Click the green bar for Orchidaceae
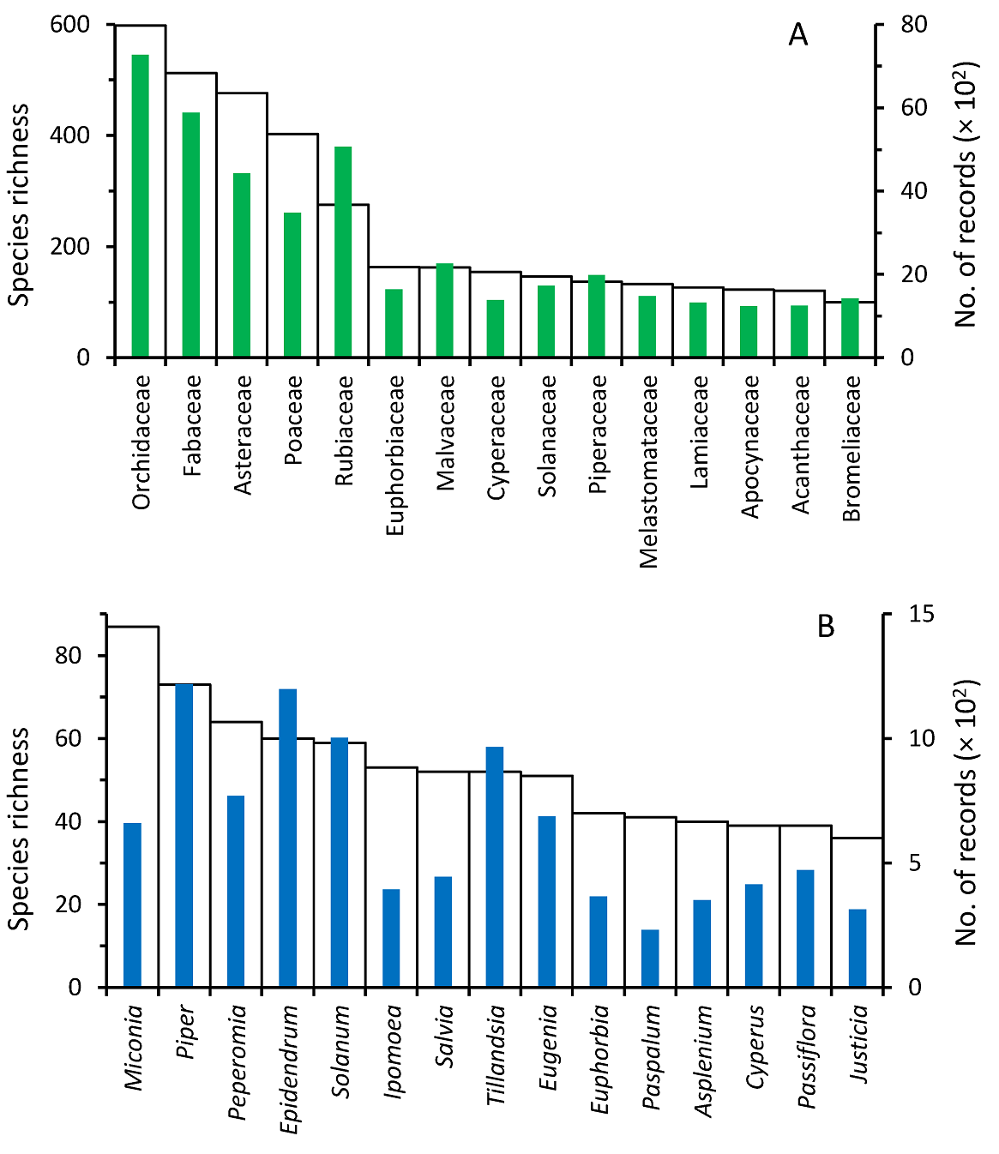140,206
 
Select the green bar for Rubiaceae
343,252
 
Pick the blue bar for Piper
184,836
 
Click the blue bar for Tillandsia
495,867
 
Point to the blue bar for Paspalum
650,959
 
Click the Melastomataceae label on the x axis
649,472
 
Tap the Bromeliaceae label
852,448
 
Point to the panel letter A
798,36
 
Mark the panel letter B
826,628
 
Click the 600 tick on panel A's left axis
70,25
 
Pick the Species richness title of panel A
20,204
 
